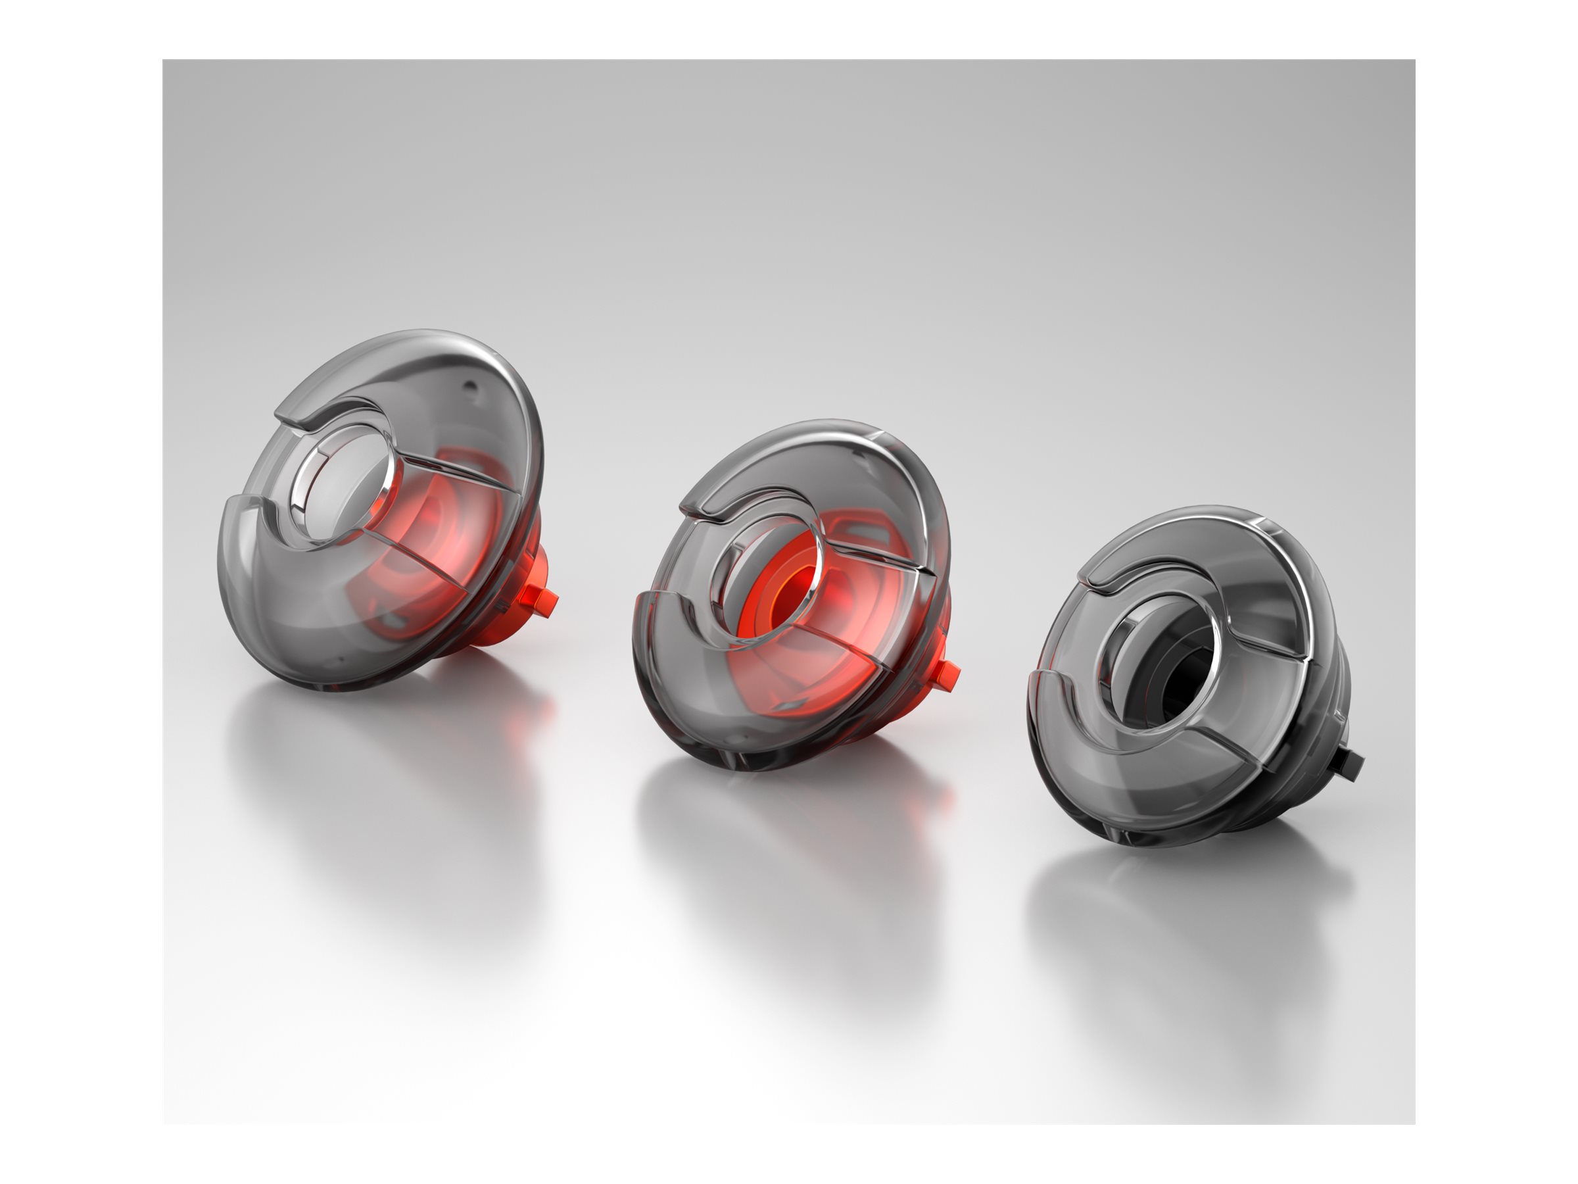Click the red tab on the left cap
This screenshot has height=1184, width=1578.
pos(546,602)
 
